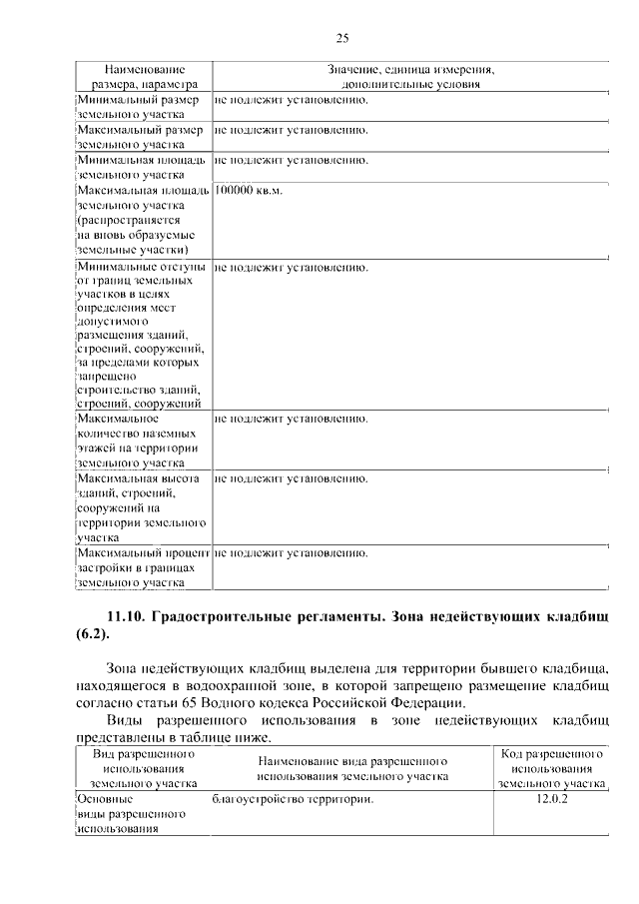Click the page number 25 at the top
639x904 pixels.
340,39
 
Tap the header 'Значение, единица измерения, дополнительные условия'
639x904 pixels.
410,77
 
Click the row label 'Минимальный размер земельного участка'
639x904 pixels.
140,108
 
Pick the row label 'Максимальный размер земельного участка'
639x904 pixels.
140,137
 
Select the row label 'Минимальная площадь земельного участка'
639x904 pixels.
140,167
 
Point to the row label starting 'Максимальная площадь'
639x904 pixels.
142,219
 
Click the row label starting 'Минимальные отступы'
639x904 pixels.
141,335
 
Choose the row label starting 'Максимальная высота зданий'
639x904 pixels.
141,507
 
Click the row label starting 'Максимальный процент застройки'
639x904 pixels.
142,566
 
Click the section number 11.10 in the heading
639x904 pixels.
128,613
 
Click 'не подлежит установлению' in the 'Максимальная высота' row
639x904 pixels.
291,478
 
